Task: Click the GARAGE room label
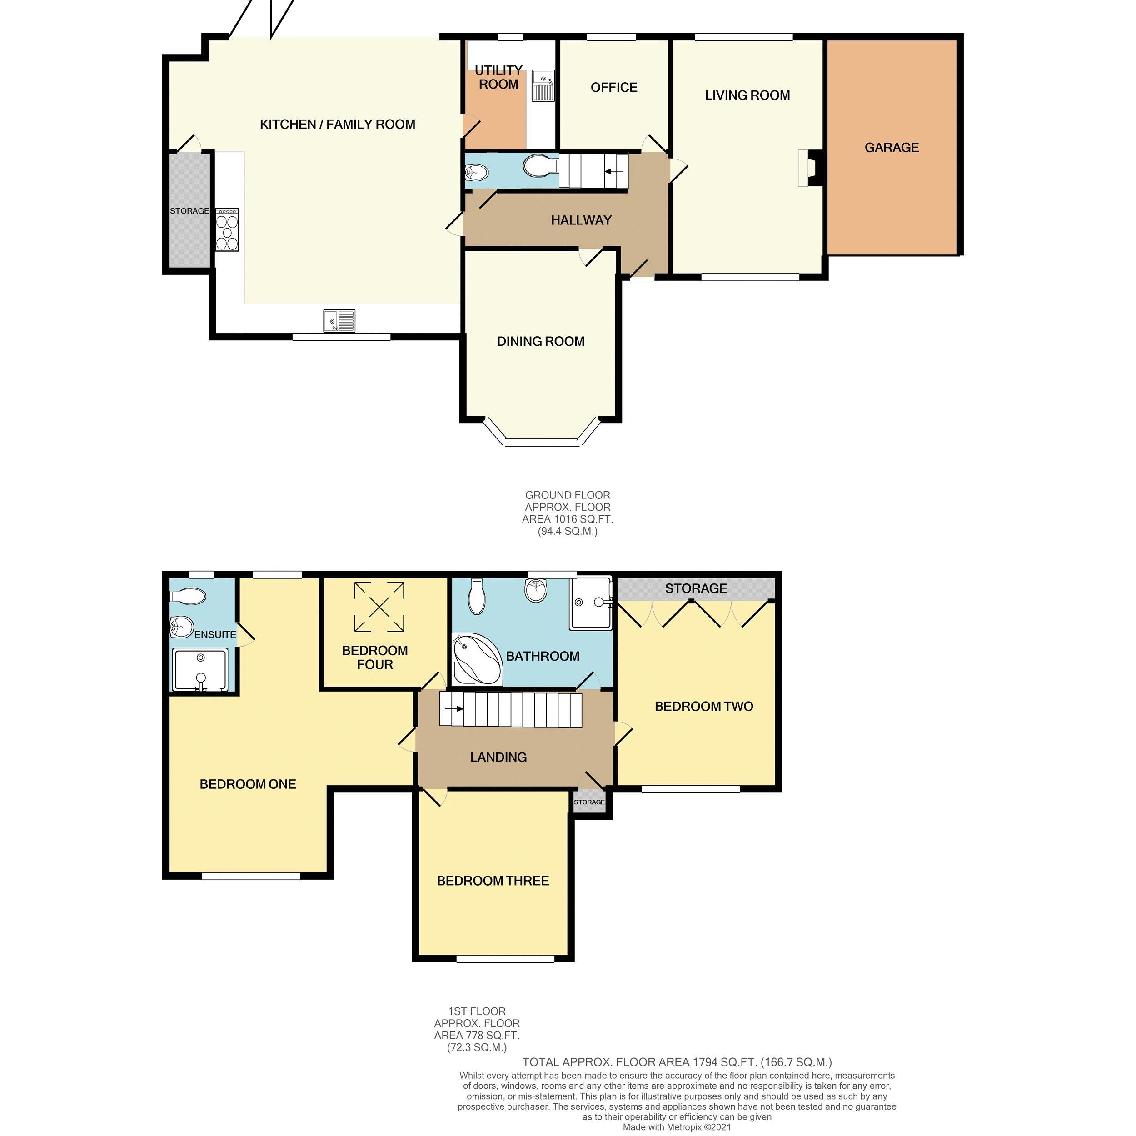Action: pos(892,148)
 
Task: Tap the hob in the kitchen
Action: pos(227,230)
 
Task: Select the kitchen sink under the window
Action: pos(339,321)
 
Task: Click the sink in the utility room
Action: pos(542,85)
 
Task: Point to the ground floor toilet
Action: pos(538,166)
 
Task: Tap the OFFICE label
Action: pos(614,88)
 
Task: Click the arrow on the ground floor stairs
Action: pos(614,172)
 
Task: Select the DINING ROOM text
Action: pos(540,342)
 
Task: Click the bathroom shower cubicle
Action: pos(591,603)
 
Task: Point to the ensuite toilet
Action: pos(189,597)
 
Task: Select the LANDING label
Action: pos(498,757)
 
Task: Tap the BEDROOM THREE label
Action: pos(493,881)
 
